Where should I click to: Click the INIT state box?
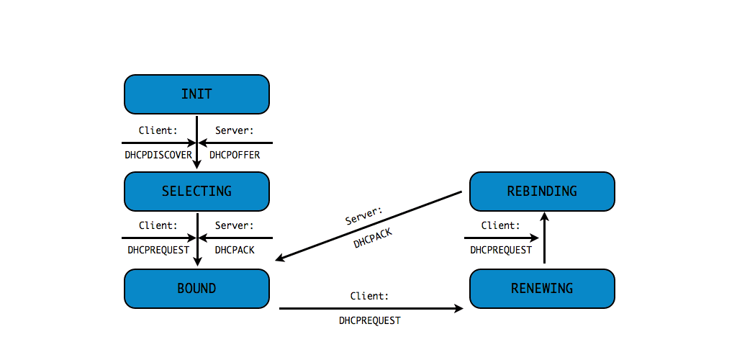[x=196, y=94]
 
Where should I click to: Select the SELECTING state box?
[x=196, y=191]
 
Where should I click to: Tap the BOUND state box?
[x=196, y=289]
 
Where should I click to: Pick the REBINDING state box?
[x=542, y=191]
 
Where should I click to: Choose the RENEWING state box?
[x=542, y=289]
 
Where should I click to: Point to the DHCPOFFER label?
[x=235, y=155]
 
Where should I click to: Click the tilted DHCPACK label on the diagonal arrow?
[x=373, y=240]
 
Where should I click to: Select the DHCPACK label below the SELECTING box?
[x=235, y=250]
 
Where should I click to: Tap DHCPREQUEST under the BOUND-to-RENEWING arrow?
[x=369, y=320]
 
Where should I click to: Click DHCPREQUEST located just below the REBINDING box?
[x=501, y=250]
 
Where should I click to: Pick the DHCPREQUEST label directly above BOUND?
[x=158, y=250]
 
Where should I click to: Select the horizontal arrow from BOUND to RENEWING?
[x=371, y=308]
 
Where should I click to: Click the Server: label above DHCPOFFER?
[x=234, y=131]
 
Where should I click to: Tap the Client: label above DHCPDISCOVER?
[x=158, y=131]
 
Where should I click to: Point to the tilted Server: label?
[x=364, y=215]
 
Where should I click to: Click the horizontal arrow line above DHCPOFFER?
[x=238, y=143]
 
